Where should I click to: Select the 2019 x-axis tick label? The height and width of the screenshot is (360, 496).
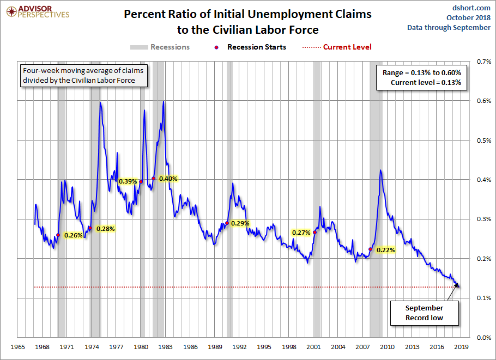pos(461,347)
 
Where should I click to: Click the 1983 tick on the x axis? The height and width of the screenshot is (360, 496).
pos(165,347)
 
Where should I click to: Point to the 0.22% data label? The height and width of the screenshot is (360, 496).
pos(385,250)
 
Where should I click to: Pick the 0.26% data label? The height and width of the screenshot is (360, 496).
pos(73,235)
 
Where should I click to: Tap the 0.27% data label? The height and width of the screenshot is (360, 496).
pos(301,233)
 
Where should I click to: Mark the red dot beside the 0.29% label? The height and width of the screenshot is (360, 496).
pos(227,223)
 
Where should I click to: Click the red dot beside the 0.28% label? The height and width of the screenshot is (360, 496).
pos(90,228)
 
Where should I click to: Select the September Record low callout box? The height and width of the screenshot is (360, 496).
pos(424,313)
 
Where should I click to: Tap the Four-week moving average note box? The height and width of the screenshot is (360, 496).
pos(78,75)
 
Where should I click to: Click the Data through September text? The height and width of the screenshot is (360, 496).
pos(449,28)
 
